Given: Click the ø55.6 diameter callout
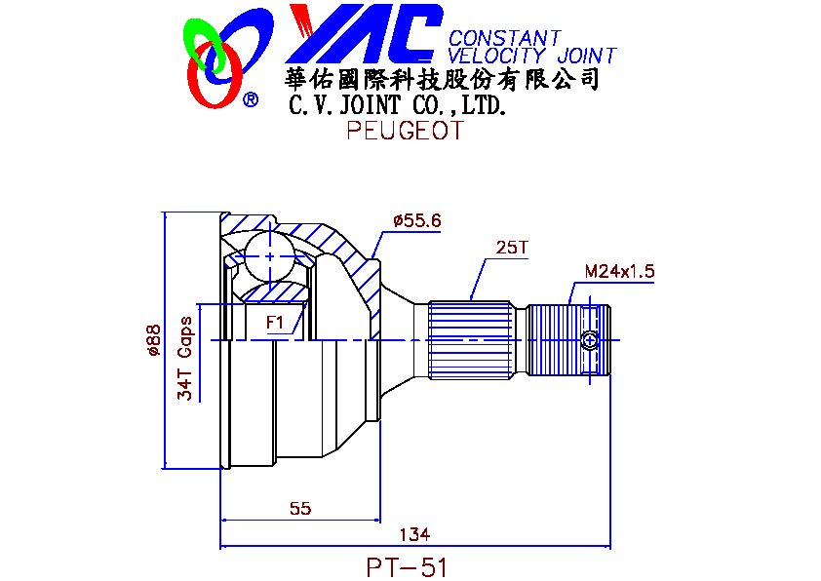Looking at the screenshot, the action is coord(417,220).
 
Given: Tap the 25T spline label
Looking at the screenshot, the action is coord(512,247).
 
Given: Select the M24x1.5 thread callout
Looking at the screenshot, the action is coord(620,271).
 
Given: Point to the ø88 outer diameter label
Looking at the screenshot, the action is coord(153,340).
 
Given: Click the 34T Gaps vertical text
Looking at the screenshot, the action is coord(185,358).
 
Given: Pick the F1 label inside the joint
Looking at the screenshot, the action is coord(275,322).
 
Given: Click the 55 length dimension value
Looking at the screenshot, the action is coord(300,508).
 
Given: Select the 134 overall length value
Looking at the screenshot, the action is coord(414,534).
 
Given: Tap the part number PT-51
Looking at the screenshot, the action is coord(407,567).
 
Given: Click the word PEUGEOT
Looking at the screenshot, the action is coord(406,130).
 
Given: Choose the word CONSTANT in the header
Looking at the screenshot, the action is coord(504,38).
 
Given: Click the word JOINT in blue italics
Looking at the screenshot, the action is coord(587,56).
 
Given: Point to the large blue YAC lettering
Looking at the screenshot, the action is coord(364,33).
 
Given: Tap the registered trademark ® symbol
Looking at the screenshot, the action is coord(251,98).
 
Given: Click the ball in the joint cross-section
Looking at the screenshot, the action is coord(270,256).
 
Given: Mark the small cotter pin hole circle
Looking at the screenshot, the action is coord(590,340).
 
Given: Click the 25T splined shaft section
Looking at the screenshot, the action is coord(470,339).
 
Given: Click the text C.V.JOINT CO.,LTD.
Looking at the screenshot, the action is coord(398,104).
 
